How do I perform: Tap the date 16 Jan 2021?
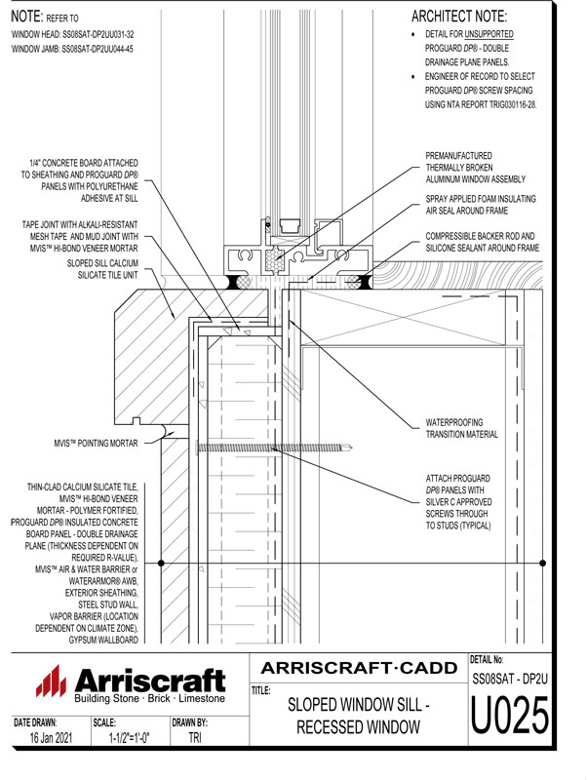[x=45, y=739]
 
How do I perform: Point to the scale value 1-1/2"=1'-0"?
[x=130, y=739]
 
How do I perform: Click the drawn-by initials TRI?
[x=195, y=739]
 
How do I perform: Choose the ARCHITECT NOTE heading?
[x=459, y=17]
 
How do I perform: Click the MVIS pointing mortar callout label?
[x=96, y=443]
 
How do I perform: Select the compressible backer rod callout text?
[x=482, y=243]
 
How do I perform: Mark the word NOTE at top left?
[x=26, y=17]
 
